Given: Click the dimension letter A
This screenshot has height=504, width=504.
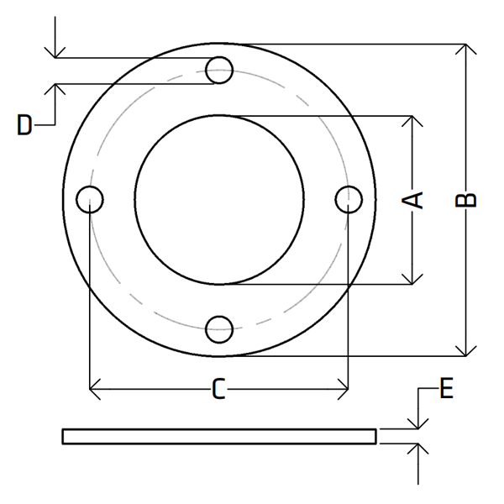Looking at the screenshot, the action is (412, 200).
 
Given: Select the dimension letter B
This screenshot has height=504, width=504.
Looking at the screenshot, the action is (465, 200).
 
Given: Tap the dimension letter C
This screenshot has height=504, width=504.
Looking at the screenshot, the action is (218, 389).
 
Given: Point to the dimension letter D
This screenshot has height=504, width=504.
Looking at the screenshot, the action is (24, 124).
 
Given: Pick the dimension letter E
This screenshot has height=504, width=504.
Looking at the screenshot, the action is (446, 388).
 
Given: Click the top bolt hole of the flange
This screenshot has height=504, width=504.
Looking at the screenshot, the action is (219, 70).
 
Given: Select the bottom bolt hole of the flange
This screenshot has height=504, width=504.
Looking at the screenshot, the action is (219, 329).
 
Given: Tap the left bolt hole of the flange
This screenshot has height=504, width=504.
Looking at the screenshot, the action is (90, 200).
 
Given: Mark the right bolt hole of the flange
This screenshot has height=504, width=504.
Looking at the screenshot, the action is (349, 200).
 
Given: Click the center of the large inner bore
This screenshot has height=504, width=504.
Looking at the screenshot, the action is (219, 200).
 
